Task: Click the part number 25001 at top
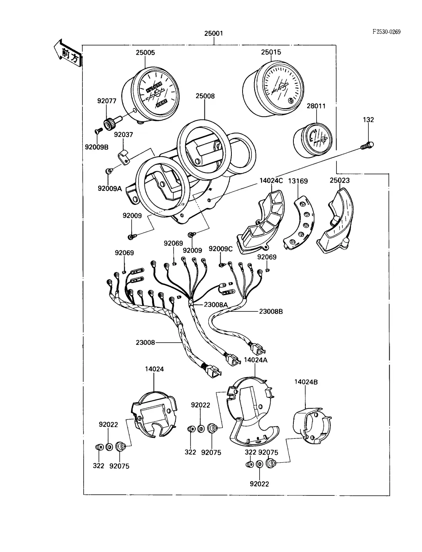pyautogui.click(x=213, y=33)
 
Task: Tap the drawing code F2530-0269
pyautogui.click(x=386, y=32)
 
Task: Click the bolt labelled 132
pyautogui.click(x=368, y=146)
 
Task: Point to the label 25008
pyautogui.click(x=205, y=96)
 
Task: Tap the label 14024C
pyautogui.click(x=271, y=181)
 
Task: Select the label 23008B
pyautogui.click(x=271, y=311)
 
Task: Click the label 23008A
pyautogui.click(x=216, y=304)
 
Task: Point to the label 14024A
pyautogui.click(x=256, y=360)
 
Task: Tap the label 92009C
pyautogui.click(x=221, y=249)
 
